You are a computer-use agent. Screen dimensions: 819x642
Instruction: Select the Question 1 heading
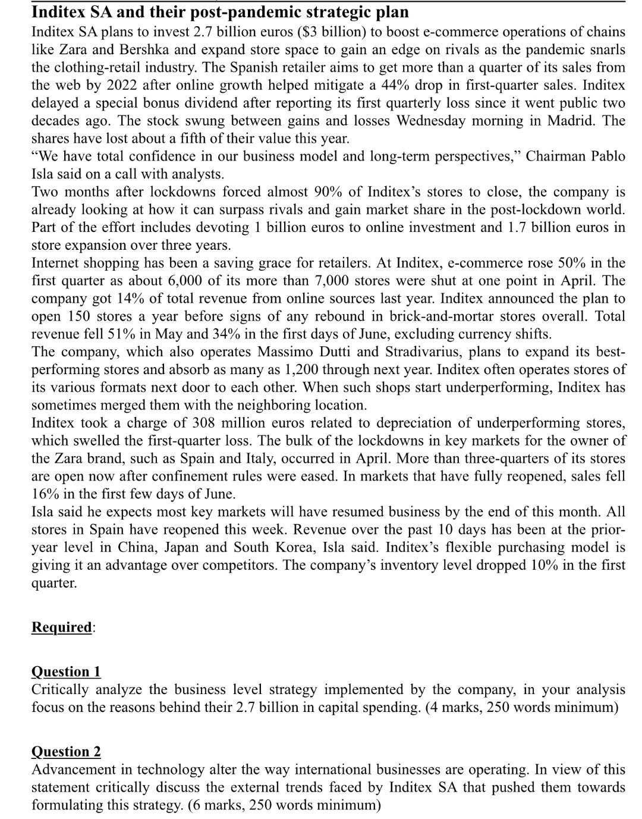66,671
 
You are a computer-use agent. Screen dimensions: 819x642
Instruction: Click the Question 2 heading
66,752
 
